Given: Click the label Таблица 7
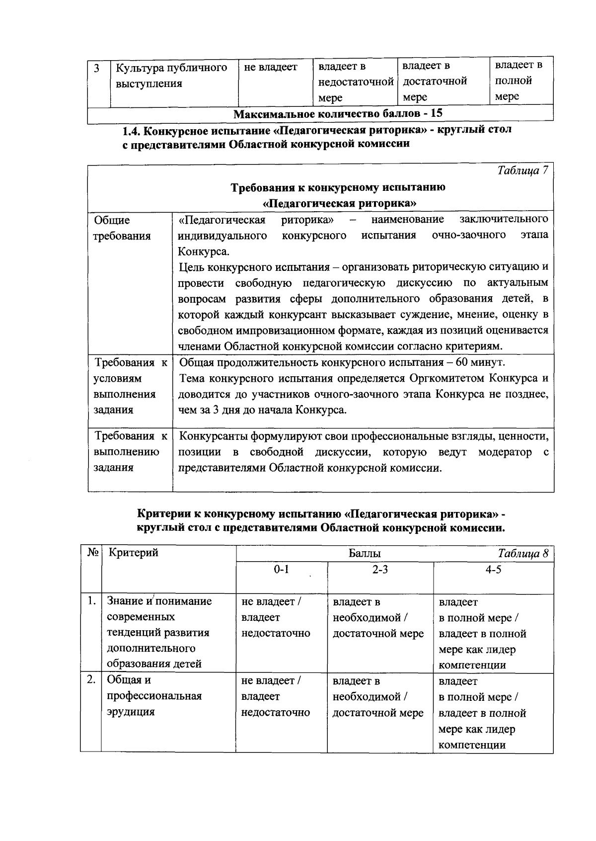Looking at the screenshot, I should tap(522, 170).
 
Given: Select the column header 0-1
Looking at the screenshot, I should tap(281, 569).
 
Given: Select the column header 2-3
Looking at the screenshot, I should tap(380, 569).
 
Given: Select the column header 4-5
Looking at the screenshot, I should tap(493, 569).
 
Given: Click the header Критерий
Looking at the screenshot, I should tap(133, 553).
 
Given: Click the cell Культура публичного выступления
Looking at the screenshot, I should tap(171, 75).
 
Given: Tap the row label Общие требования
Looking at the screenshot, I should tap(122, 228).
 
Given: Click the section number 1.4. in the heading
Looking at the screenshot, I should tap(134, 130).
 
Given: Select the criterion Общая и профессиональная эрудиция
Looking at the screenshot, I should tap(154, 696).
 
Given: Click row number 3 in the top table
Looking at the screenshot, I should tap(97, 68).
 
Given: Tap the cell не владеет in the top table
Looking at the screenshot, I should tap(271, 67).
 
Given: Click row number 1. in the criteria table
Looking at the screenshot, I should tap(90, 601).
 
